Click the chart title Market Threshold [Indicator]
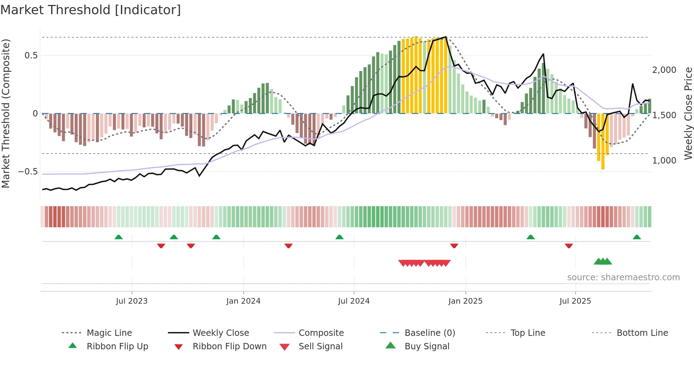pyautogui.click(x=91, y=10)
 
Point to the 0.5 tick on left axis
pyautogui.click(x=31, y=55)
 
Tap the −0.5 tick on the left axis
pyautogui.click(x=28, y=172)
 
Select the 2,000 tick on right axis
pyautogui.click(x=664, y=70)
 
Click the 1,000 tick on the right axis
pyautogui.click(x=664, y=161)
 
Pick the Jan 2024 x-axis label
pyautogui.click(x=243, y=301)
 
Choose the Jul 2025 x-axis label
pyautogui.click(x=575, y=301)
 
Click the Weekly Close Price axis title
pyautogui.click(x=688, y=113)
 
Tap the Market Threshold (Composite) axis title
pyautogui.click(x=6, y=113)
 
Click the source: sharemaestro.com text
pyautogui.click(x=623, y=277)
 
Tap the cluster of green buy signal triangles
pyautogui.click(x=603, y=262)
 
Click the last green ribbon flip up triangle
pyautogui.click(x=637, y=237)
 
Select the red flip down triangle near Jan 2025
pyautogui.click(x=454, y=246)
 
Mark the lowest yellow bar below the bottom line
pyautogui.click(x=603, y=166)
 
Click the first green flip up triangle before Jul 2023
pyautogui.click(x=119, y=237)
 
